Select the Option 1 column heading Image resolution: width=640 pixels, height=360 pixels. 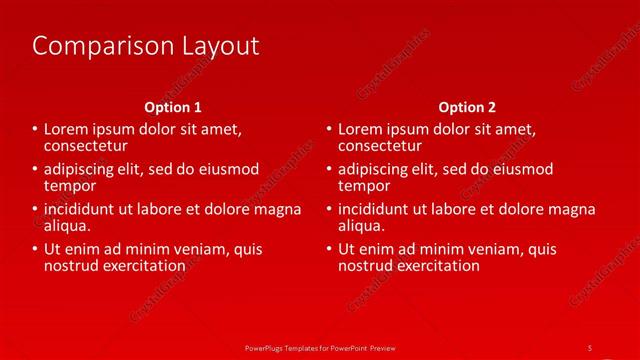[x=173, y=107]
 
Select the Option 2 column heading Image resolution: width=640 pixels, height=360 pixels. [x=467, y=107]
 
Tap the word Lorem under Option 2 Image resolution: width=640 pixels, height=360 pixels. [x=362, y=130]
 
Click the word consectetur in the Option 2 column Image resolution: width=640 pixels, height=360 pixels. [x=383, y=146]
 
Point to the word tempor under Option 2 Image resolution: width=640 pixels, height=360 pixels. [x=364, y=186]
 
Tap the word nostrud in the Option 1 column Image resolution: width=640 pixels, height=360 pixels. [x=72, y=266]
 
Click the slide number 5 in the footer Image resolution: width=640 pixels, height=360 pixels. [x=590, y=347]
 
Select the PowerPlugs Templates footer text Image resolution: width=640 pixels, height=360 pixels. [x=320, y=347]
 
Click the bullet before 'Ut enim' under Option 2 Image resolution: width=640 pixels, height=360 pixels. [x=329, y=249]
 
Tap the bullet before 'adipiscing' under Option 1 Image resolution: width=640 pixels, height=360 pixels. [x=35, y=169]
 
